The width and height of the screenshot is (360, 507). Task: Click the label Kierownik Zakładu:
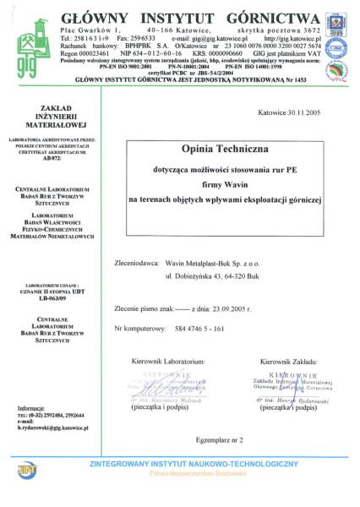(x=288, y=337)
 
